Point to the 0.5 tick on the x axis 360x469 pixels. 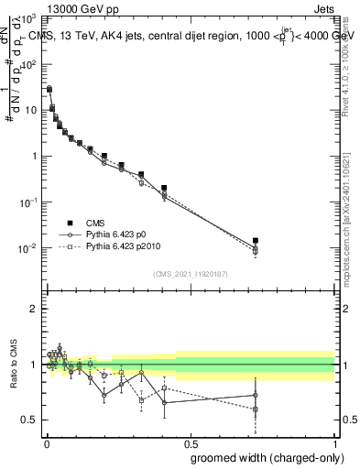[x=190, y=442]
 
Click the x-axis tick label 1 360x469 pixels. [x=334, y=442]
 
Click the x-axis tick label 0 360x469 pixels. [x=46, y=442]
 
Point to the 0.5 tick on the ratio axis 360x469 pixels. [x=33, y=420]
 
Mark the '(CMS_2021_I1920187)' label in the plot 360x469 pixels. [x=190, y=273]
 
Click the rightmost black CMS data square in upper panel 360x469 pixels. [x=256, y=241]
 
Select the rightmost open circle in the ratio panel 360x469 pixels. [x=256, y=395]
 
